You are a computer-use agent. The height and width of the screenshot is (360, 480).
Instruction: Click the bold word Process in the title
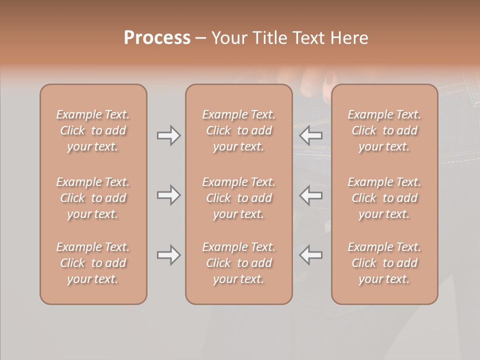tap(157, 38)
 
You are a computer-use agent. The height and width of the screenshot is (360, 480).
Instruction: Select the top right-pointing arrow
tap(168, 135)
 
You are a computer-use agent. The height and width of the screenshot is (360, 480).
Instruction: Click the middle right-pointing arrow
tap(168, 195)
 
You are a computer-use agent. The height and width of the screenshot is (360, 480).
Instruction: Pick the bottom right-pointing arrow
tap(168, 255)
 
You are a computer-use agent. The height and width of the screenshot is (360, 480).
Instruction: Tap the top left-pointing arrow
tap(311, 135)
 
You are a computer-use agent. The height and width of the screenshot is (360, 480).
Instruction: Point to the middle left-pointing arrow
tap(311, 195)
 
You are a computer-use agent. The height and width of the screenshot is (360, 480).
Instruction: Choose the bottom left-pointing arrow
tap(311, 255)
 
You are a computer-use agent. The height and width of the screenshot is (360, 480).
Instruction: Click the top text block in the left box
tap(93, 130)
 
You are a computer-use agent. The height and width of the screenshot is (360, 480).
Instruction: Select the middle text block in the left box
tap(93, 198)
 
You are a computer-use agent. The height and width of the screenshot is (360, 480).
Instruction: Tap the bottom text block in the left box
tap(93, 263)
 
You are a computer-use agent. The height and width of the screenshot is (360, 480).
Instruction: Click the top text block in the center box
tap(238, 130)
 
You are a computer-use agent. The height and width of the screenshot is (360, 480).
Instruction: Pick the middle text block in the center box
tap(238, 198)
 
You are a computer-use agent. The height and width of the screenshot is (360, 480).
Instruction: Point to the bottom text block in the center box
tap(238, 263)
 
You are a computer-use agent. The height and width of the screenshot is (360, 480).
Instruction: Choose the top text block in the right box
tap(384, 130)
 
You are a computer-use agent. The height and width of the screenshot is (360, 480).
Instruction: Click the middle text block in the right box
tap(384, 198)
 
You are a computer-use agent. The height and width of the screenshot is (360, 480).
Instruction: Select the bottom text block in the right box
tap(384, 263)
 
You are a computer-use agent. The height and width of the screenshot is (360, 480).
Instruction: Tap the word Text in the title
tap(310, 38)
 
